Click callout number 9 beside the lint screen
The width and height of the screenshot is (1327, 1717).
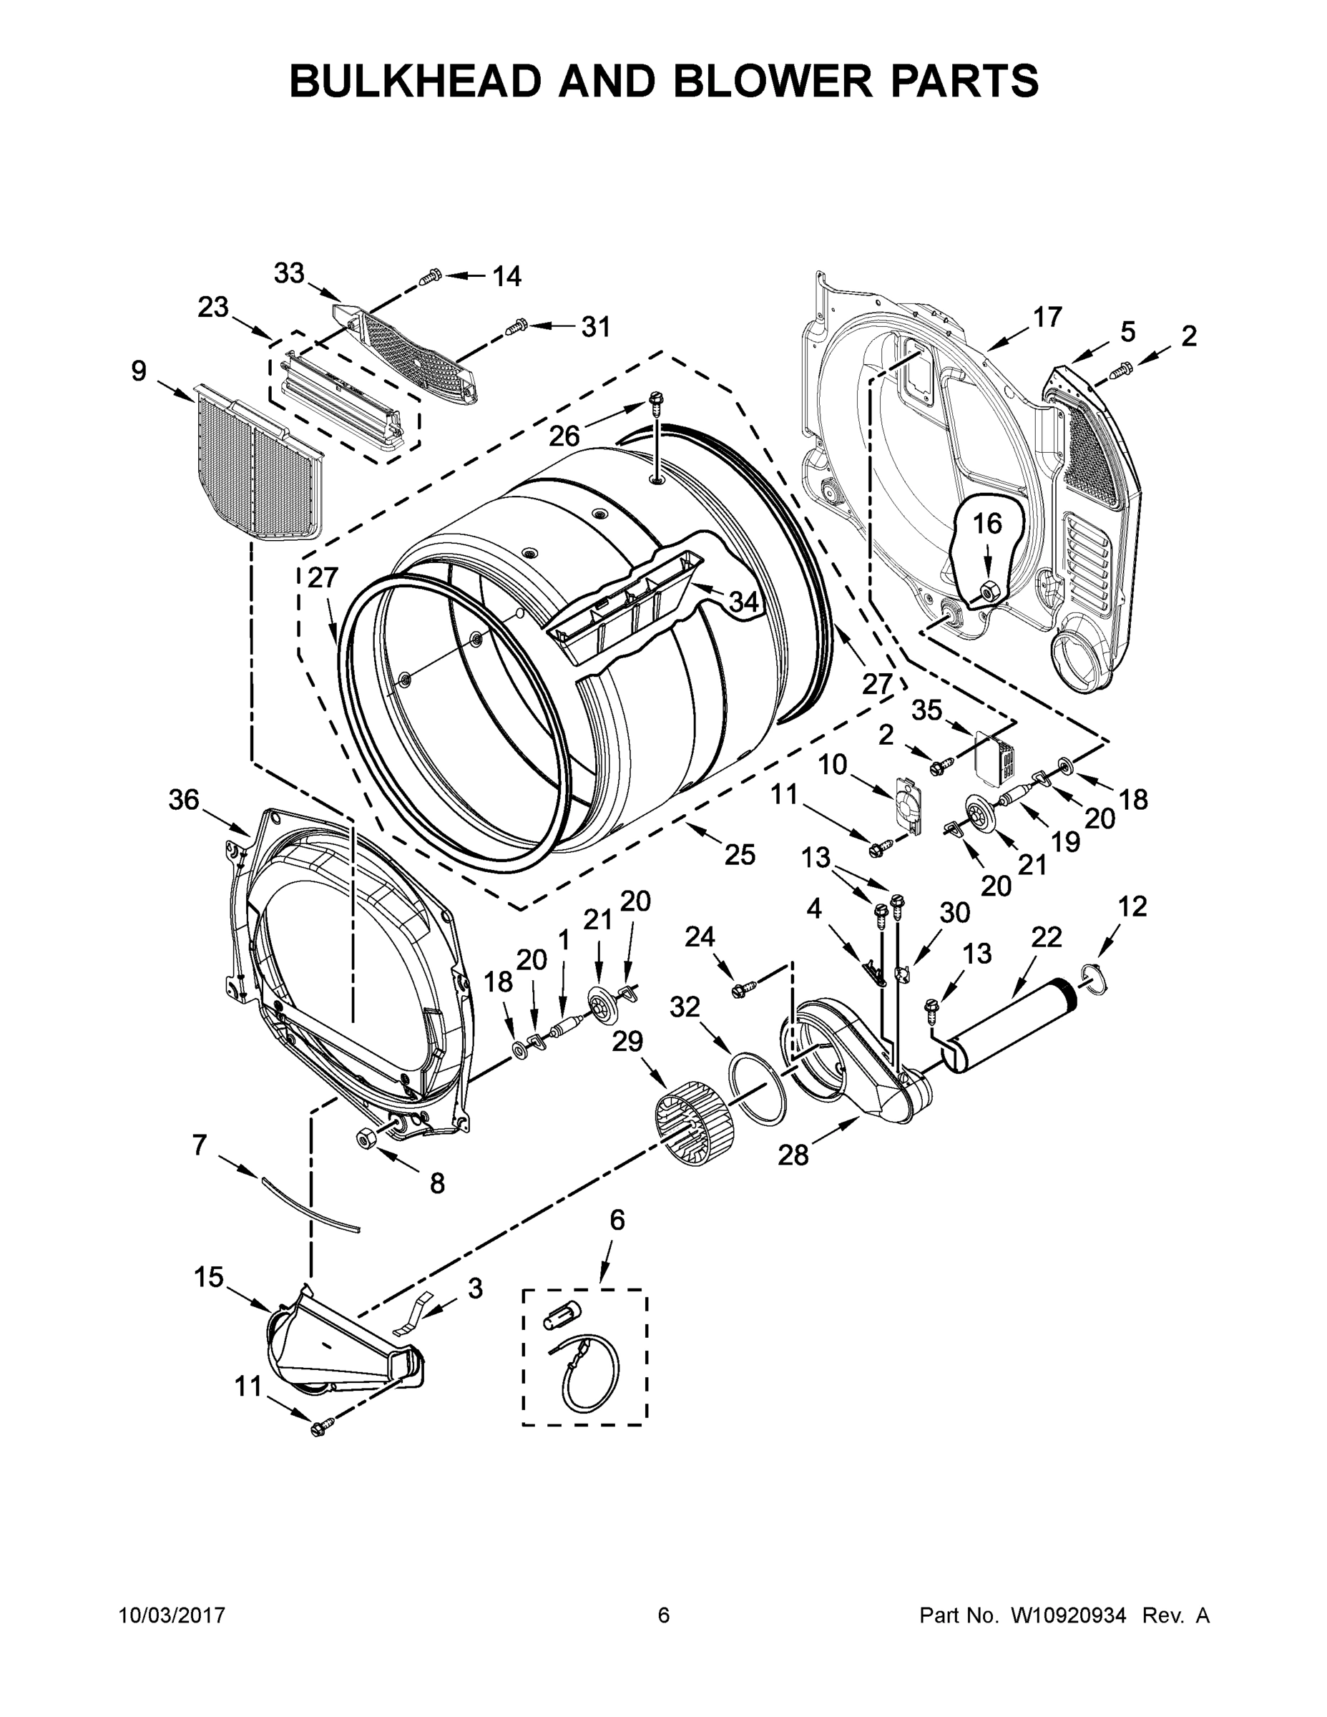[x=138, y=371]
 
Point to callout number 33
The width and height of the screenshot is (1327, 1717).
[x=288, y=273]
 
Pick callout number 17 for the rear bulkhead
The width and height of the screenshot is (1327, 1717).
[x=1047, y=317]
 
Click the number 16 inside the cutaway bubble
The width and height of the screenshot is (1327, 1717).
[x=988, y=523]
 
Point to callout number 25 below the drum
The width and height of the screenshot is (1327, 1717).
[x=739, y=855]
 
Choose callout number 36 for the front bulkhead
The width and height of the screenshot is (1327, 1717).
[x=184, y=801]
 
